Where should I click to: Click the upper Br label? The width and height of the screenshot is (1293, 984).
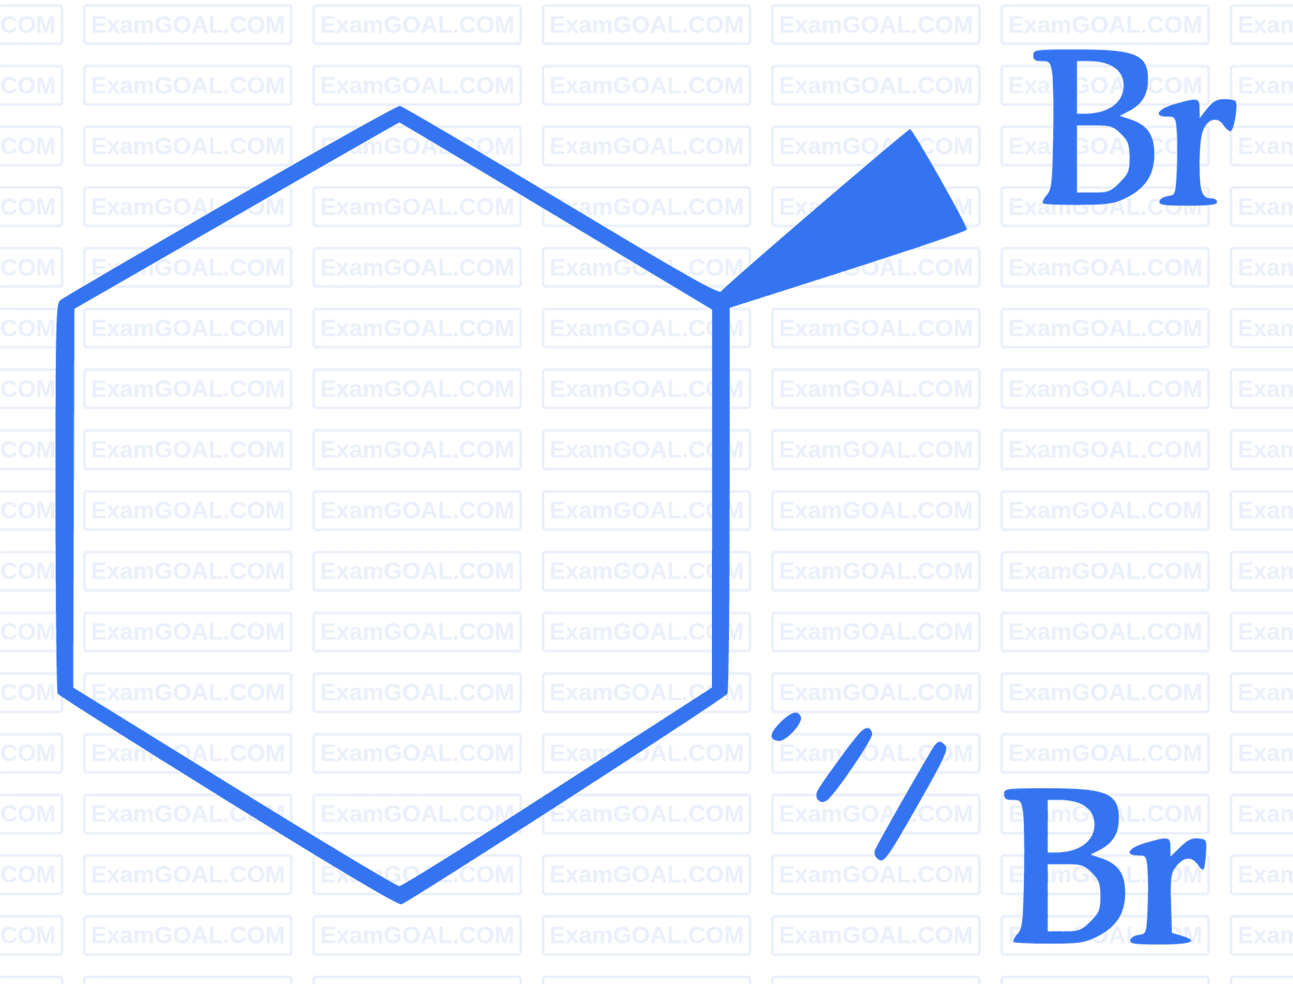pyautogui.click(x=1135, y=127)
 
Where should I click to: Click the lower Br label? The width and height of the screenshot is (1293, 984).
pyautogui.click(x=1105, y=866)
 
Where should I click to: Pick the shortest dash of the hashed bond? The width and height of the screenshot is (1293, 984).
pyautogui.click(x=785, y=727)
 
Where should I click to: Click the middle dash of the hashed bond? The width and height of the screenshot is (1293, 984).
pyautogui.click(x=844, y=765)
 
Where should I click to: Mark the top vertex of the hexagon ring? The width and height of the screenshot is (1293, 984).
pyautogui.click(x=399, y=114)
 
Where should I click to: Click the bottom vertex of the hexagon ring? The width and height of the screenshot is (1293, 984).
pyautogui.click(x=400, y=894)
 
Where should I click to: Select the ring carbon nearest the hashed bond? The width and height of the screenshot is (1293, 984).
pyautogui.click(x=720, y=690)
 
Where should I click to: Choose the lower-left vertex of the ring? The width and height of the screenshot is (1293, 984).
pyautogui.click(x=65, y=690)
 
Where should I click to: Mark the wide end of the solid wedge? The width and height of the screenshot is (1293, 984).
pyautogui.click(x=938, y=179)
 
